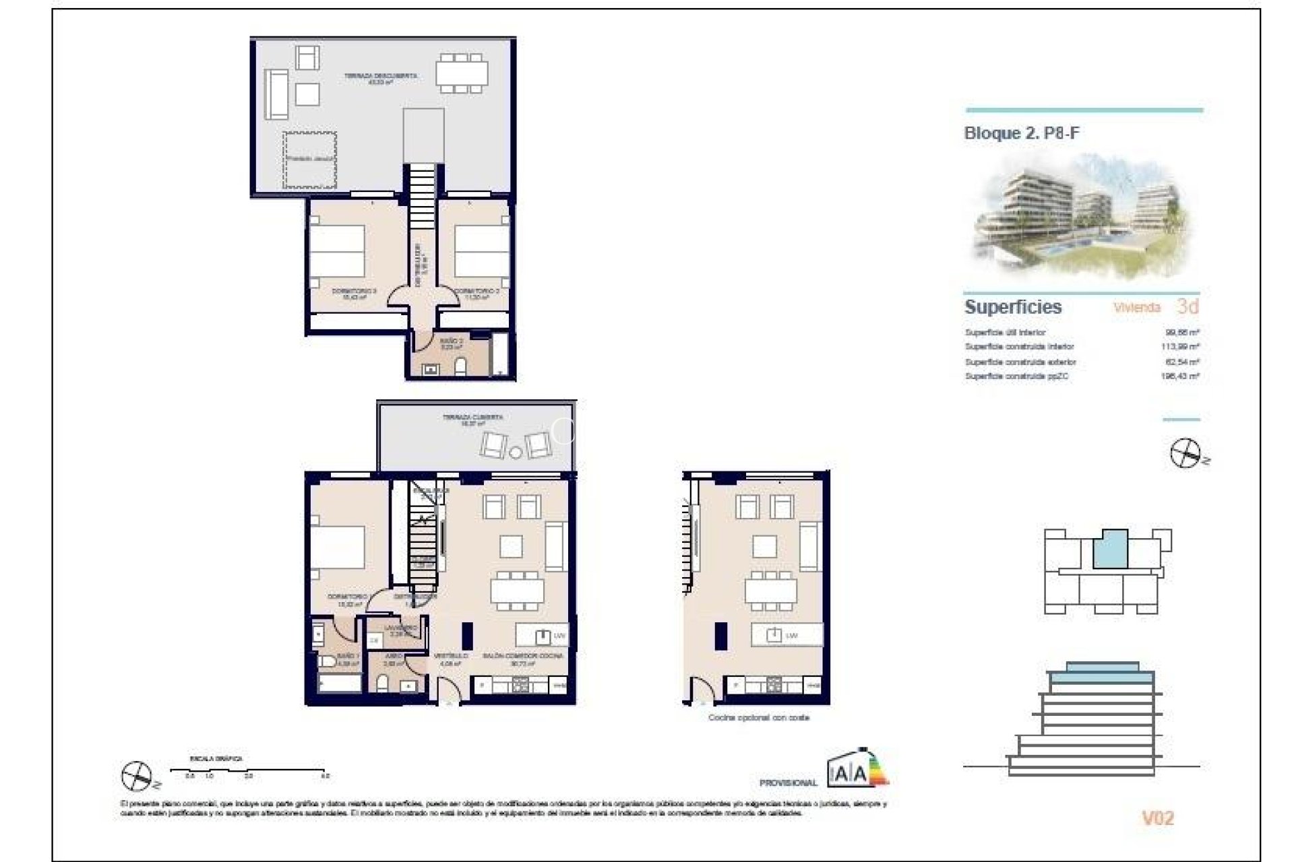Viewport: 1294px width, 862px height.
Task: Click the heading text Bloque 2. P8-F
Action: point(1022,133)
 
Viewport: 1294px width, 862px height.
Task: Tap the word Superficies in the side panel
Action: point(1013,307)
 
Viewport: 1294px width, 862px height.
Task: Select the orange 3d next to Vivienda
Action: point(1188,306)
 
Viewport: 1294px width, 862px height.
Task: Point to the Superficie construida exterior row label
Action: point(1020,362)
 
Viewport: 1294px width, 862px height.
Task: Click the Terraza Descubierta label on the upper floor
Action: point(380,76)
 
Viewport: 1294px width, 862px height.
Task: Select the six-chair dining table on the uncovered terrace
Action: point(462,73)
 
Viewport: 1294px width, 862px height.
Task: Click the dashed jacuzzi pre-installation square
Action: point(309,160)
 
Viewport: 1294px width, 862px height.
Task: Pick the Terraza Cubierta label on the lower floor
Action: point(472,418)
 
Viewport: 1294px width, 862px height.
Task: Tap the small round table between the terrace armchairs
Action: point(516,452)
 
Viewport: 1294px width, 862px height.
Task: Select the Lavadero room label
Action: point(400,628)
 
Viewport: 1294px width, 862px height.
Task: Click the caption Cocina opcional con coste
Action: point(758,718)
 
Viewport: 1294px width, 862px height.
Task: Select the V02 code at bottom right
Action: point(1157,818)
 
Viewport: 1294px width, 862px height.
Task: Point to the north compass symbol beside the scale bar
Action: point(137,776)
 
